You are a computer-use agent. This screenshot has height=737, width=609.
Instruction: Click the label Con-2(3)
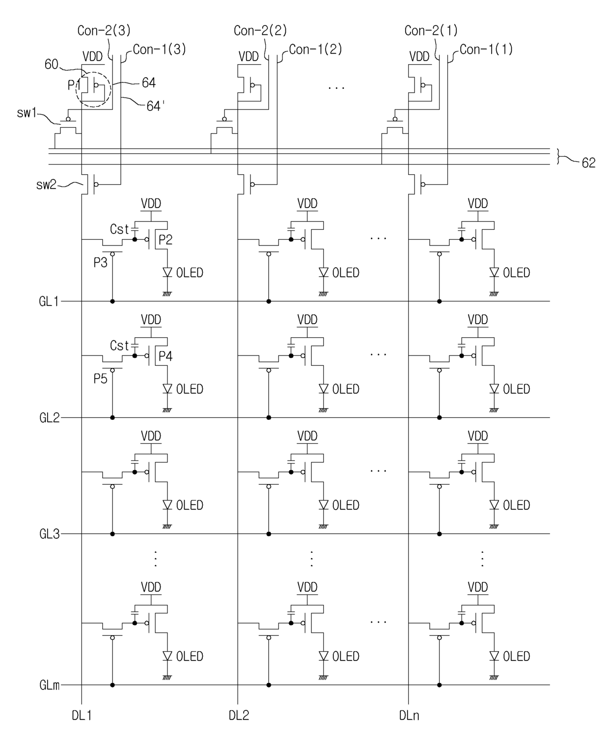tap(104, 31)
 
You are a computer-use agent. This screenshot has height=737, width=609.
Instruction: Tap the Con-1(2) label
tap(315, 50)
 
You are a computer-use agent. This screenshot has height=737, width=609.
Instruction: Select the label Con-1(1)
tap(486, 50)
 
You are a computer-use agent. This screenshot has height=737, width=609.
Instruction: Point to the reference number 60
tap(51, 64)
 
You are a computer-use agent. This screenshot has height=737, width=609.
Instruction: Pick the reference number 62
tap(588, 163)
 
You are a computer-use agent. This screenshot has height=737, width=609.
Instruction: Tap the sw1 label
tap(27, 113)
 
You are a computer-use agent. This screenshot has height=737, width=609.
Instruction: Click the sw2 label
tap(46, 185)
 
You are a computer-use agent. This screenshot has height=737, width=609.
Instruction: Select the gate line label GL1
tap(49, 301)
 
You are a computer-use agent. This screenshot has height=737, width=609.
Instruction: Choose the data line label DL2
tap(239, 715)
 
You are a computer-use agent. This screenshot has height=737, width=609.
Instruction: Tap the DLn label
tap(409, 715)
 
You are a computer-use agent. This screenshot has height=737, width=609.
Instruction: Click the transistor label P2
tap(165, 240)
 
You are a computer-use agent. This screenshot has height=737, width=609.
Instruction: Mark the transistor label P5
tap(100, 379)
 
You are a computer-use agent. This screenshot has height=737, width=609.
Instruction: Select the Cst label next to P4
tap(119, 346)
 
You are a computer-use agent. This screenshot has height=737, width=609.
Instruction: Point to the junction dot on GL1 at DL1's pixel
tap(112, 301)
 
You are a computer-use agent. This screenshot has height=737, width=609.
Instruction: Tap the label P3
tap(100, 263)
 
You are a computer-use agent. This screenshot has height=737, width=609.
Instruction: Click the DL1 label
tap(82, 715)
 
